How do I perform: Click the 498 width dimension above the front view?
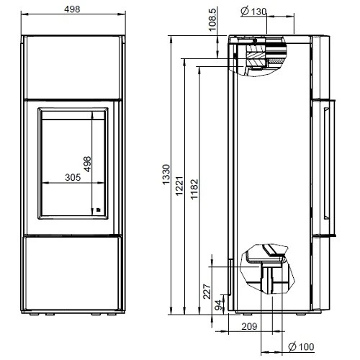pyautogui.click(x=71, y=9)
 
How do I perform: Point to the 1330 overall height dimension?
pyautogui.click(x=167, y=175)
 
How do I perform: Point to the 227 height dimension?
pyautogui.click(x=207, y=292)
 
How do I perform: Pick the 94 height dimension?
pyautogui.click(x=218, y=305)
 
